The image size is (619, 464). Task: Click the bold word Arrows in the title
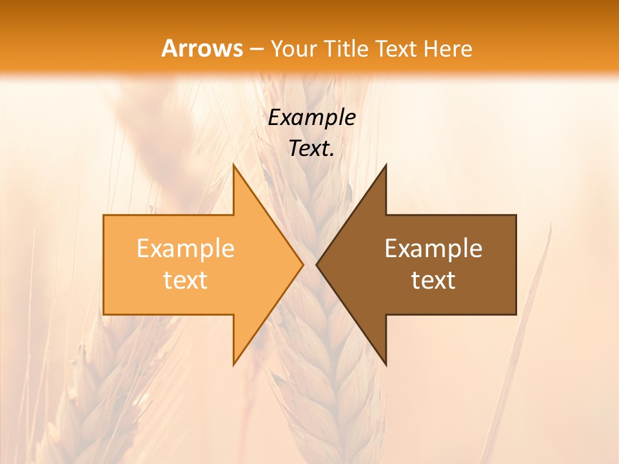point(202,48)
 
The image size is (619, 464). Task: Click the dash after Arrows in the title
point(256,49)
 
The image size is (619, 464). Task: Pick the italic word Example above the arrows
point(311,117)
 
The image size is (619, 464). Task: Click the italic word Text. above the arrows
point(311,148)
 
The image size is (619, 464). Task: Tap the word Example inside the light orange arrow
point(186,248)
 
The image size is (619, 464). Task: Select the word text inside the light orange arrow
point(186,280)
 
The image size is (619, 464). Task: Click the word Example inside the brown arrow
point(433,248)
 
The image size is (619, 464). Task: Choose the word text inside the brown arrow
point(433,280)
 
